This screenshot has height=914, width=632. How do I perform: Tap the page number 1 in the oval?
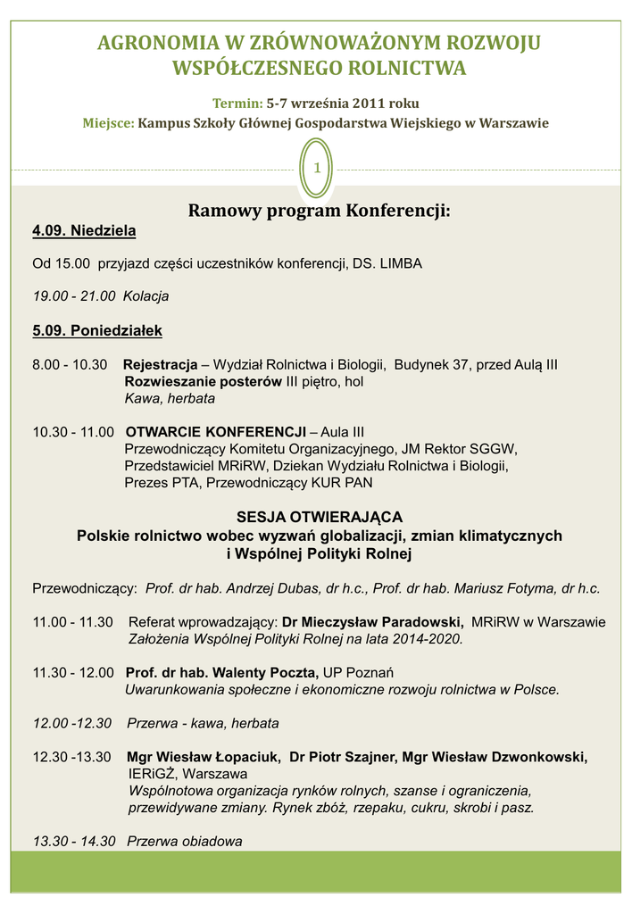tap(316, 169)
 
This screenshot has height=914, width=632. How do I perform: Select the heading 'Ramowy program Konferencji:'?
tap(319, 212)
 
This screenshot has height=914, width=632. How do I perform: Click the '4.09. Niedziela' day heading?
tap(84, 232)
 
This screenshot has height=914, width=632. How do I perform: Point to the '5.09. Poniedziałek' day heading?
tap(97, 331)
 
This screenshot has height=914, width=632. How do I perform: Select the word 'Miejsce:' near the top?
tap(109, 123)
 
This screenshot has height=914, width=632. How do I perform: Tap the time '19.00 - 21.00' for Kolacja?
tap(75, 296)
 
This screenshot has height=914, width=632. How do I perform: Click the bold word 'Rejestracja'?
tap(160, 365)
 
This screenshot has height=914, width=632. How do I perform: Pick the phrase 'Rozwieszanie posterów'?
tap(203, 382)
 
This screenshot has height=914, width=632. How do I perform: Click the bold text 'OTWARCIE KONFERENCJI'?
tap(215, 432)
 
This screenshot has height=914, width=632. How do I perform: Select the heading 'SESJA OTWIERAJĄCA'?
tap(319, 518)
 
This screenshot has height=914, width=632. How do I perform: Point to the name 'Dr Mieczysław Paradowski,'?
tap(373, 622)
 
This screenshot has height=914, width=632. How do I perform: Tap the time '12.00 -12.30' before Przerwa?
tap(72, 723)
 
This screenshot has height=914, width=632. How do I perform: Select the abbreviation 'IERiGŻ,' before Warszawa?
tap(153, 774)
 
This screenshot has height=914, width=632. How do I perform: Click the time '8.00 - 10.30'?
tap(70, 365)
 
